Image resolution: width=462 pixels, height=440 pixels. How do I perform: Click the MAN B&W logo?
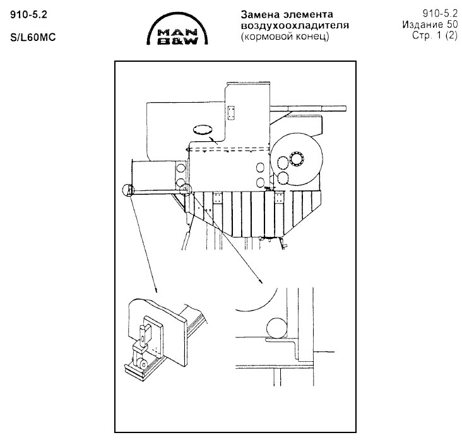click(x=177, y=29)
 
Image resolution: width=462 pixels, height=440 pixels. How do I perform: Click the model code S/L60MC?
click(x=33, y=38)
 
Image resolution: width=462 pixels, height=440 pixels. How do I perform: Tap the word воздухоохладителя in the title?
click(x=295, y=26)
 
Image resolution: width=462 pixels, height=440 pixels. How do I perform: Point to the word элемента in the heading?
click(x=308, y=14)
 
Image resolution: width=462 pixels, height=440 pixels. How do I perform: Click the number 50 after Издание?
click(x=452, y=25)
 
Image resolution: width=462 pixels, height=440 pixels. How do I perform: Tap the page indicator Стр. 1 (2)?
click(x=435, y=35)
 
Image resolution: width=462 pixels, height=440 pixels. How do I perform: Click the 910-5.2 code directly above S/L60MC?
click(x=28, y=14)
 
